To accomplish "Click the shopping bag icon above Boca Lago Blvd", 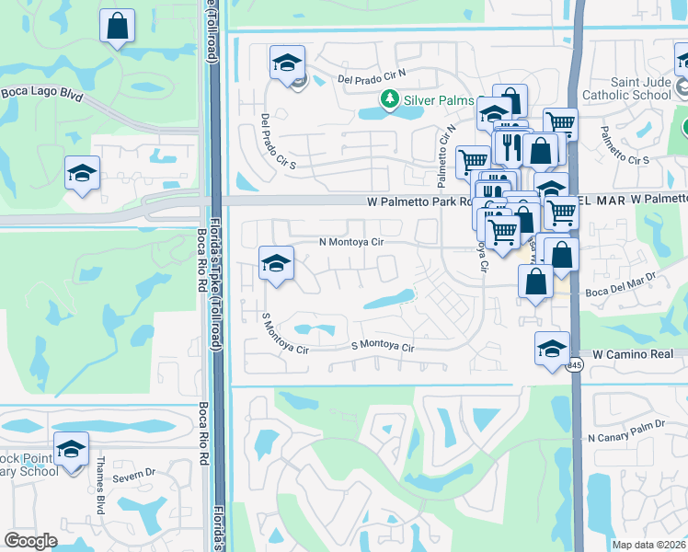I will [x=117, y=27].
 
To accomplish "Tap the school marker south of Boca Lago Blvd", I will [x=82, y=172].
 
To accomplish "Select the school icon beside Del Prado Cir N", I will [x=287, y=63].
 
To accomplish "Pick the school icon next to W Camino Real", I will [x=551, y=349].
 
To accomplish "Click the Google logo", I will [x=31, y=541].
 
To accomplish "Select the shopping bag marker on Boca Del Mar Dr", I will [x=535, y=283].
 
